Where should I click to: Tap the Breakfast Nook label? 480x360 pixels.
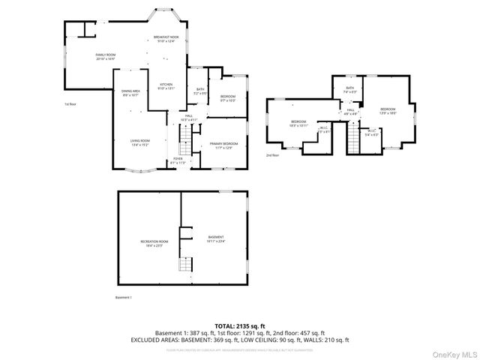166,39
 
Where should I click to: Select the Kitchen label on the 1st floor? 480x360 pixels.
166,86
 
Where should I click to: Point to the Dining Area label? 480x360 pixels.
130,93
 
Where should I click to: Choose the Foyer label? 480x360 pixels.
178,160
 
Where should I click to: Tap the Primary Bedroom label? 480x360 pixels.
223,145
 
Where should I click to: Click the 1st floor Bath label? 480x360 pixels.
200,91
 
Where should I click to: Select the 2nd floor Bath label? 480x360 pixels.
349,90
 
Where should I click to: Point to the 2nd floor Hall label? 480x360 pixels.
350,112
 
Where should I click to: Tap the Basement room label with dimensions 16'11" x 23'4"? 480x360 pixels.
216,239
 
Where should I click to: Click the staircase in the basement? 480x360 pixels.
184,263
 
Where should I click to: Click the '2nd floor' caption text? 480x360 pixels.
272,155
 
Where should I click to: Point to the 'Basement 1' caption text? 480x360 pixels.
124,298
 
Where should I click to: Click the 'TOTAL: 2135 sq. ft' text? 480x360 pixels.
239,325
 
